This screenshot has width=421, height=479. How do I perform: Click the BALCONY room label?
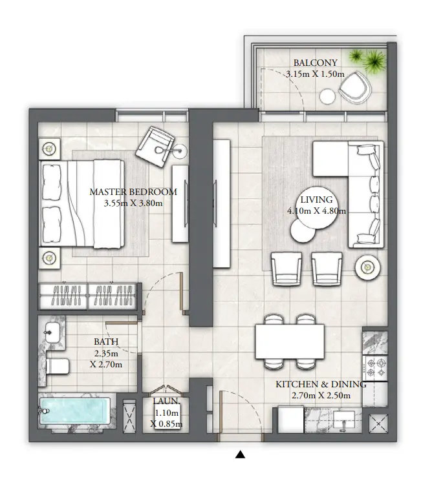tap(315, 63)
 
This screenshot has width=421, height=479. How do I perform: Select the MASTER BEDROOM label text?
tap(133, 192)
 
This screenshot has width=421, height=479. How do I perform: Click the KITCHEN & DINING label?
tap(321, 384)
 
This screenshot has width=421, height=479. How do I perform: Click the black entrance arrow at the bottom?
tap(240, 455)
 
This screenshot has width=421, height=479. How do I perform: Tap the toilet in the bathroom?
tap(57, 367)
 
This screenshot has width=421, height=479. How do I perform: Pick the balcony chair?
tap(353, 88)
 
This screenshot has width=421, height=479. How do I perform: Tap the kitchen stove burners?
tap(375, 369)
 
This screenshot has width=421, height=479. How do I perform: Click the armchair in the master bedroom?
tap(155, 143)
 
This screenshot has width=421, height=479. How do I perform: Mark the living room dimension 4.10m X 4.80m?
tap(316, 210)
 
